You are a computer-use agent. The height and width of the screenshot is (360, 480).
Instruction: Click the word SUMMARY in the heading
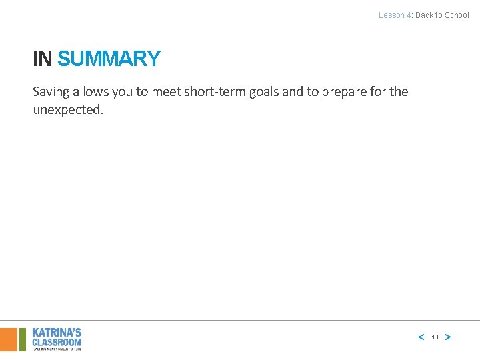click(x=109, y=59)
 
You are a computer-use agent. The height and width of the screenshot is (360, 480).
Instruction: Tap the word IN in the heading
click(x=42, y=59)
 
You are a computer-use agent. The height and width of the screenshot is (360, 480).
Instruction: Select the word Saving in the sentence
click(x=51, y=92)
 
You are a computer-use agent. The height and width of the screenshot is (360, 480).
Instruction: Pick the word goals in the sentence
click(x=264, y=92)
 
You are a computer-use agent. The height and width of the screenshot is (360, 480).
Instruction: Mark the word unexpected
click(x=68, y=110)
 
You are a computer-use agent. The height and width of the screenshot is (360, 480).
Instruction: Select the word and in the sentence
click(x=293, y=91)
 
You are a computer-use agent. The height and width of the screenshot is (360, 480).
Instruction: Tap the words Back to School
click(x=443, y=15)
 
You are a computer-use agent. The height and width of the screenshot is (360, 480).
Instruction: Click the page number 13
click(x=435, y=337)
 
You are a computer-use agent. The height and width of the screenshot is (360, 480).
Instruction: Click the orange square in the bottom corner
click(x=8, y=339)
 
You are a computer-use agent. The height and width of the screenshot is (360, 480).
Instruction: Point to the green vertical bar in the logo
click(x=23, y=339)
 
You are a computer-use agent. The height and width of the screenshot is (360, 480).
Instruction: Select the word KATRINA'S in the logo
click(x=57, y=332)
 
